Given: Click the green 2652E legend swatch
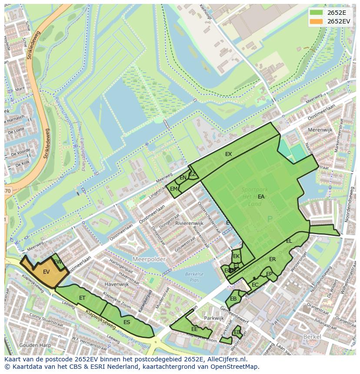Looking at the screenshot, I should pos(317,13).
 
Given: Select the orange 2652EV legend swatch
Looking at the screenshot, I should pos(317,21).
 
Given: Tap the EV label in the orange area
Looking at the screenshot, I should pos(47,272).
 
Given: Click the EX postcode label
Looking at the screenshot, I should pos(228,154).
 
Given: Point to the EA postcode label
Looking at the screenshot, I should pos(261,197).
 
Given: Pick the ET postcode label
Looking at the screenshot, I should pos(82,298).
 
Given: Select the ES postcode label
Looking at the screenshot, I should pos(127,322).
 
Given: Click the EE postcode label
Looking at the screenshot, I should pos(194,329).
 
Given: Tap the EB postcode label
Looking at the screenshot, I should pos(233,299).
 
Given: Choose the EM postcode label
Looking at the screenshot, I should pos(173,189).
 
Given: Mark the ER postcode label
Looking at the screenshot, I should pos(272,259).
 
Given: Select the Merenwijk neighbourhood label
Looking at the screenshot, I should pos(320,130).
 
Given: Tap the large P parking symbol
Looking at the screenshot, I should pos(270,220).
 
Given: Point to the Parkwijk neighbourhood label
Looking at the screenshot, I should pos(213,318).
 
